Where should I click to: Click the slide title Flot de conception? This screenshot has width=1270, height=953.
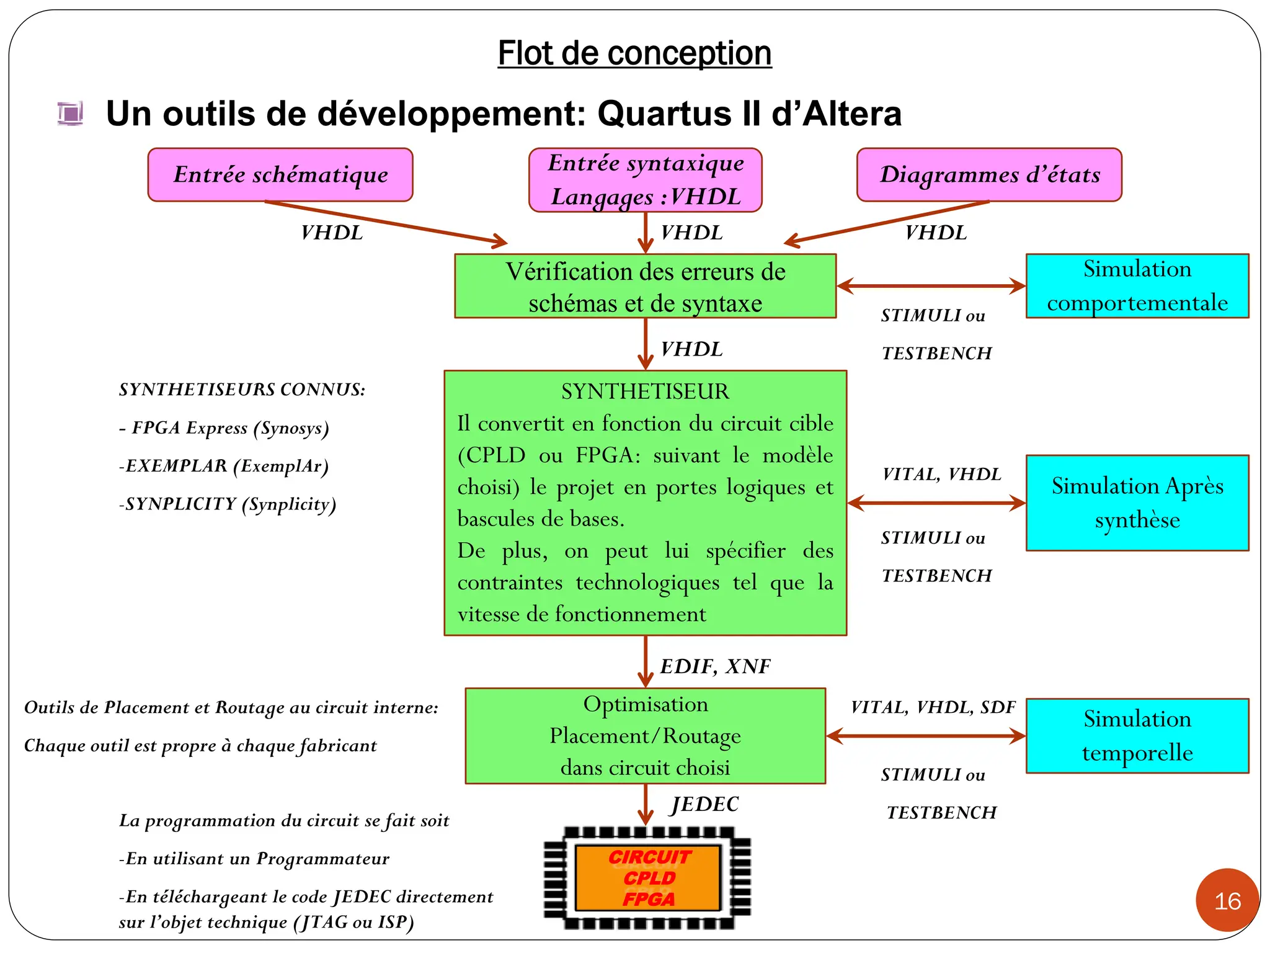tap(634, 53)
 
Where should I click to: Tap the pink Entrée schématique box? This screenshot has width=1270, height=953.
tap(280, 174)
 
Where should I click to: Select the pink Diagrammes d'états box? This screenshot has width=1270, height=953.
tap(989, 174)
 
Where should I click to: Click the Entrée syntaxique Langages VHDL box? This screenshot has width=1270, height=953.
tap(645, 180)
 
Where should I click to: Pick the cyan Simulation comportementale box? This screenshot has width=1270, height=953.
tap(1137, 286)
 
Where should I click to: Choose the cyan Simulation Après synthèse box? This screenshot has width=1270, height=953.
tap(1137, 503)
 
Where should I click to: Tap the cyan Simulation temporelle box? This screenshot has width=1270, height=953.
tap(1137, 736)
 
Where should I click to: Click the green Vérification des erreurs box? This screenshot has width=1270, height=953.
tap(645, 286)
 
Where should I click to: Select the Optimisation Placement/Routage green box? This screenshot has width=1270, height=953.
tap(645, 736)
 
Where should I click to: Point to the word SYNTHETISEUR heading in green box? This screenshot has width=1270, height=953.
tap(645, 391)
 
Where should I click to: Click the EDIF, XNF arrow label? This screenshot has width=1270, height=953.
tap(715, 666)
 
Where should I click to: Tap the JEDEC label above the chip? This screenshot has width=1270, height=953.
tap(705, 804)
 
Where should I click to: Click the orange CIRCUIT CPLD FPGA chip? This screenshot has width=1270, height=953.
tap(648, 878)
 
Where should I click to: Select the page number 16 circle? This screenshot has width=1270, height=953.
tap(1227, 900)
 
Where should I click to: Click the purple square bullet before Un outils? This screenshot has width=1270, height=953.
tap(70, 114)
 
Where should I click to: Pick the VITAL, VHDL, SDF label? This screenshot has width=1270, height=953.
tap(933, 707)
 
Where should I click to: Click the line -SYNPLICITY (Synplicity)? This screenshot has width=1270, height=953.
tap(228, 504)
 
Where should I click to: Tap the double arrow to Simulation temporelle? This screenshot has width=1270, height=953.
tap(926, 736)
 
